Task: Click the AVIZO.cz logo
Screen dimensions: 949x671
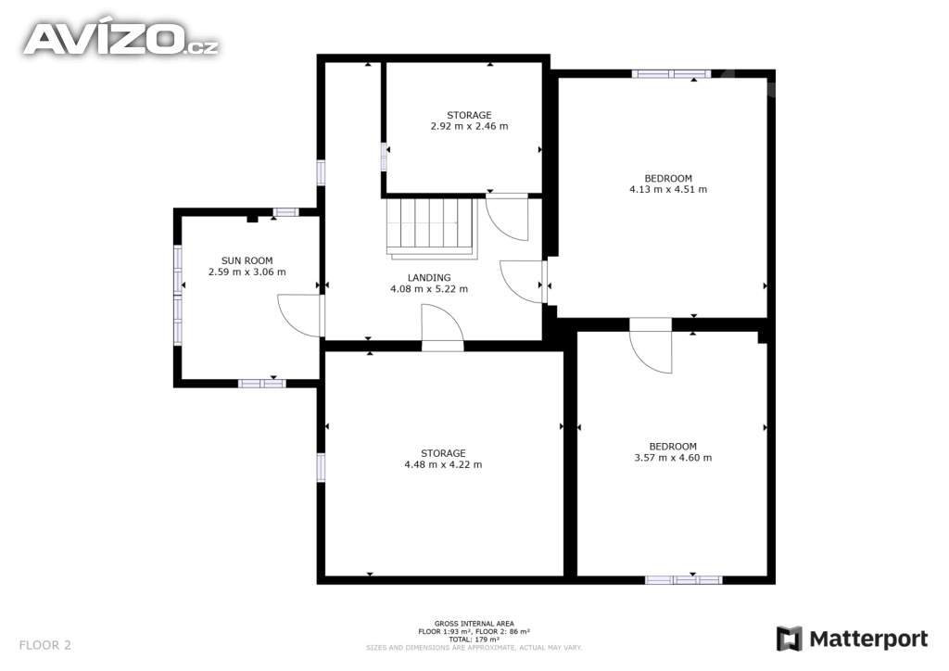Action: click(x=120, y=39)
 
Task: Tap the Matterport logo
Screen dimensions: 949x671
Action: click(x=853, y=639)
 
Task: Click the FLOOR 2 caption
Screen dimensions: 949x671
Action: click(x=44, y=645)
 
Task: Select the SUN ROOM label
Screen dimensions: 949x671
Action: click(x=247, y=260)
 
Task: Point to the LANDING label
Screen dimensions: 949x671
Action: click(x=429, y=278)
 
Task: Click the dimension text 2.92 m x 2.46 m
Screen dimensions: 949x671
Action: click(x=470, y=126)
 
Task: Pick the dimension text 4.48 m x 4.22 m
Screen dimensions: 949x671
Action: click(x=444, y=464)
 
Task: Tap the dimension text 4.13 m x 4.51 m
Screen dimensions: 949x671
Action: click(x=668, y=189)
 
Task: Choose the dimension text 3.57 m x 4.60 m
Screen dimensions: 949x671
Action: click(x=673, y=458)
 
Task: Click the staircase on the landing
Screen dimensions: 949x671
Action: click(x=432, y=228)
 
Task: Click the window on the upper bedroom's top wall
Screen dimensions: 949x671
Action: click(x=671, y=74)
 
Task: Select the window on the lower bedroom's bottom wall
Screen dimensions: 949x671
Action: click(x=684, y=579)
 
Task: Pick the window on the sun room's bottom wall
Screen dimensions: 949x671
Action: click(x=261, y=383)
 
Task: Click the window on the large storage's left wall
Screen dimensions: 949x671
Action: click(x=321, y=467)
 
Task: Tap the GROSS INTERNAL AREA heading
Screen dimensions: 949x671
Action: click(x=474, y=624)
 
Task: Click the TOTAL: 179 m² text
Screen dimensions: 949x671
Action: click(x=474, y=639)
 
